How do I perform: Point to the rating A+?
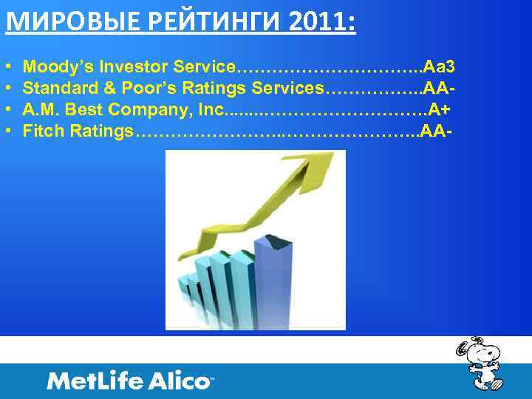[x=440, y=110]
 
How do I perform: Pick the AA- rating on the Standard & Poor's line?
[x=440, y=89]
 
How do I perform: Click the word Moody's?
[x=52, y=68]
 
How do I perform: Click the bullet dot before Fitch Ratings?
[x=8, y=132]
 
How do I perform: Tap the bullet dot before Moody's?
[x=8, y=68]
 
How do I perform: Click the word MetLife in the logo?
[x=95, y=381]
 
